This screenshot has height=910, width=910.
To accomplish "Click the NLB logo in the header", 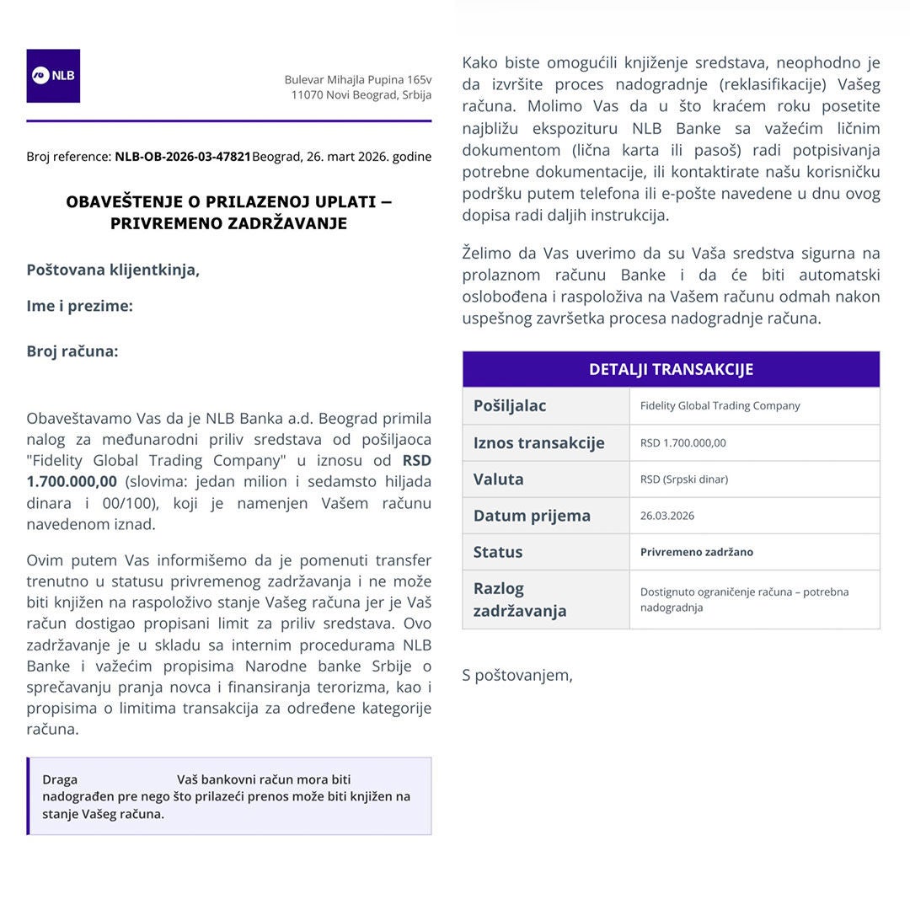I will (53, 76).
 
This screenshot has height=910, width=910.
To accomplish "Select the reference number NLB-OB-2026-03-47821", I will (183, 157).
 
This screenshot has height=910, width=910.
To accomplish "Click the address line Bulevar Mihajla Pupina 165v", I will (357, 79).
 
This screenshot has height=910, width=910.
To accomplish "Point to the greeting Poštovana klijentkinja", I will (113, 270).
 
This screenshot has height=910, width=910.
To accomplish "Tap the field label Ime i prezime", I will (79, 306).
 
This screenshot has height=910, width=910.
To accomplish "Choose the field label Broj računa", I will (72, 351).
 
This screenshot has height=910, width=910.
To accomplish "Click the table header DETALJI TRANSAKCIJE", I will (671, 369).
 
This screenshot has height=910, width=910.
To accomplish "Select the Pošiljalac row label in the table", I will (510, 406).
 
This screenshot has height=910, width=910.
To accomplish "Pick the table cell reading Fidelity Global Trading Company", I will (720, 406).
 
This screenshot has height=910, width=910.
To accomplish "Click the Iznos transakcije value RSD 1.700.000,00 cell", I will (682, 443).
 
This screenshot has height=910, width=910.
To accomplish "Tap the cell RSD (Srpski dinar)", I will (683, 479).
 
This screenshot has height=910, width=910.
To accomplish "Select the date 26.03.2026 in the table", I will (666, 516).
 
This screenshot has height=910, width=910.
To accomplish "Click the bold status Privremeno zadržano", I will (696, 552).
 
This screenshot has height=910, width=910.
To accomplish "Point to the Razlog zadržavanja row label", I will (519, 599).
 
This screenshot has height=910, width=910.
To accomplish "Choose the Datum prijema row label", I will (532, 516).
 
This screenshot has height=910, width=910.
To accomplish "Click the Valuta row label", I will (498, 479).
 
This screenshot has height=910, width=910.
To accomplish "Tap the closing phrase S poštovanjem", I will (517, 675).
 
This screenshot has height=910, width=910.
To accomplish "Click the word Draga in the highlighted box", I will (60, 779).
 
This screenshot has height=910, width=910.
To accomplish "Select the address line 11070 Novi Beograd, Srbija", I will (361, 94).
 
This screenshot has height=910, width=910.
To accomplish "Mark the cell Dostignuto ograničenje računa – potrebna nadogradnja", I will (744, 599).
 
